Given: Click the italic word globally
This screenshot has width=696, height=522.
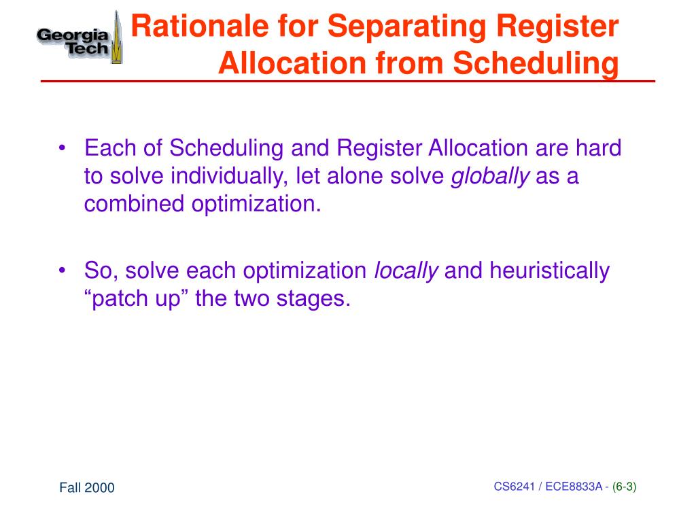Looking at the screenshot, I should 491,176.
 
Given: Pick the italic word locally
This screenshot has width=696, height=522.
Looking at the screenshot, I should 406,271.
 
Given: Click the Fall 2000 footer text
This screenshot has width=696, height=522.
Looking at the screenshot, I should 86,487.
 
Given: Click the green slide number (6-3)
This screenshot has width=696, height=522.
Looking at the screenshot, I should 624,486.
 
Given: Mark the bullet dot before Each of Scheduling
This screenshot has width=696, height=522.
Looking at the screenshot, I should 63,149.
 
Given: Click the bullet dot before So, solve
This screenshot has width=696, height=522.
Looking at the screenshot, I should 63,271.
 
